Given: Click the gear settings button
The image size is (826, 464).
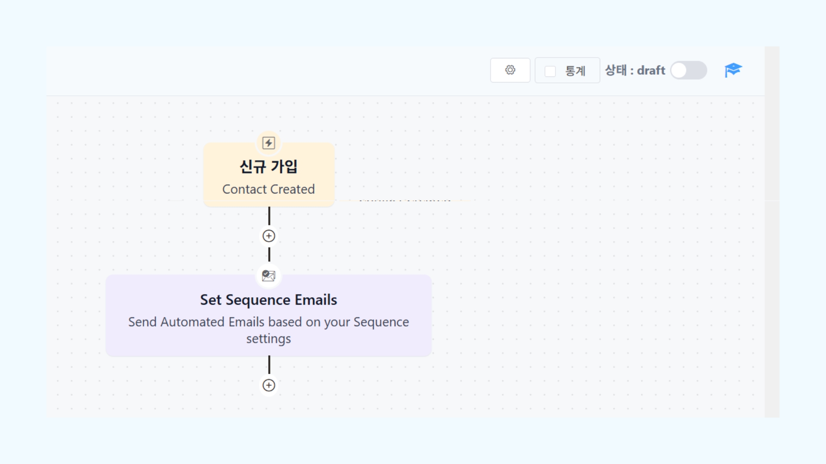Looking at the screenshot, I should [510, 70].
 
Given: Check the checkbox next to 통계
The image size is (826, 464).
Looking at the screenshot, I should [550, 71].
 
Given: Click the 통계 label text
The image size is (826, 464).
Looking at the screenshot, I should [575, 71].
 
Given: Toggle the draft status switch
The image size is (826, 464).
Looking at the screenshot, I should [688, 70].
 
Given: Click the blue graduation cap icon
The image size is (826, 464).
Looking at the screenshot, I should [733, 70].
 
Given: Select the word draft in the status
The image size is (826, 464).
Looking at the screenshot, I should [651, 70].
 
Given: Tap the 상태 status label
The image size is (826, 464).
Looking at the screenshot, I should [616, 70].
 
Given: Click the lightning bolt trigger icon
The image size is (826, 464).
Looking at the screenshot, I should [269, 143].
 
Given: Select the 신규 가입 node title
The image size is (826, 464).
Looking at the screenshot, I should [268, 167].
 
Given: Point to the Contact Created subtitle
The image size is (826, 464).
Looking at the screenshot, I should [268, 189].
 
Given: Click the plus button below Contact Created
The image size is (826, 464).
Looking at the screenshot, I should [269, 236].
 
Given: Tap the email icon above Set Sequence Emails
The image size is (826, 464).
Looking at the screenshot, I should [269, 275].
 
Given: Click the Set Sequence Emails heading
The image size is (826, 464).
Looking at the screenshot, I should [268, 300].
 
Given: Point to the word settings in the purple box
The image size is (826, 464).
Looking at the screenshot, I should [268, 339].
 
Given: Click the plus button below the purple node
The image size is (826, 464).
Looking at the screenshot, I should [269, 385].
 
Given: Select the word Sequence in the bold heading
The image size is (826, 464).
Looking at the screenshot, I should [258, 300].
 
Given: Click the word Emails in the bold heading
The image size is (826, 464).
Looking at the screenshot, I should [316, 300].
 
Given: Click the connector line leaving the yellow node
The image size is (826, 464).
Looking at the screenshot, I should [269, 216].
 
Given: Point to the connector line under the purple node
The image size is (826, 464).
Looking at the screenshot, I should [269, 365].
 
